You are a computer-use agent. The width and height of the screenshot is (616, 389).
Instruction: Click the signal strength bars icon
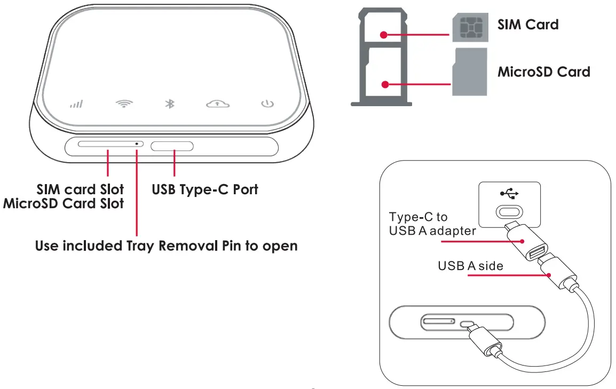pyautogui.click(x=76, y=104)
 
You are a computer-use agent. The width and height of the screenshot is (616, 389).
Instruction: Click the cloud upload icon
pyautogui.click(x=218, y=104)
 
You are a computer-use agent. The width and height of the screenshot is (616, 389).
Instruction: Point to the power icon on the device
pyautogui.click(x=267, y=103)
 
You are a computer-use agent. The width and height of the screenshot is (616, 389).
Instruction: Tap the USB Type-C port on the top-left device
pyautogui.click(x=172, y=146)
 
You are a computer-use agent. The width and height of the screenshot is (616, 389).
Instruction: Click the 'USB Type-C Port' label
pyautogui.click(x=205, y=189)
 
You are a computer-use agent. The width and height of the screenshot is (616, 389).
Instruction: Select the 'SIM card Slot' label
pyautogui.click(x=80, y=189)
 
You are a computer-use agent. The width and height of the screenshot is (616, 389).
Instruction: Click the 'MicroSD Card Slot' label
pyautogui.click(x=64, y=203)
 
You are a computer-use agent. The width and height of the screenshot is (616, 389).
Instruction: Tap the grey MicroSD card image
pyautogui.click(x=470, y=72)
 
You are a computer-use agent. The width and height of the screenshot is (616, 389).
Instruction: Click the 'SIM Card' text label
pyautogui.click(x=528, y=25)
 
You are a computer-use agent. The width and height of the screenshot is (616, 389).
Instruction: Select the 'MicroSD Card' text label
pyautogui.click(x=544, y=72)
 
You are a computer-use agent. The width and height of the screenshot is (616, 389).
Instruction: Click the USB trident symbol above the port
pyautogui.click(x=509, y=193)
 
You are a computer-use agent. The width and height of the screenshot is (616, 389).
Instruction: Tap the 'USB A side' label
pyautogui.click(x=470, y=265)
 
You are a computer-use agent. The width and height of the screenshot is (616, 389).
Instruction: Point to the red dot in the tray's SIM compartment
pyautogui.click(x=384, y=35)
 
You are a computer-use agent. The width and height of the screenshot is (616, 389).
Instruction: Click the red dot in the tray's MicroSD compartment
pyautogui.click(x=384, y=84)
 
